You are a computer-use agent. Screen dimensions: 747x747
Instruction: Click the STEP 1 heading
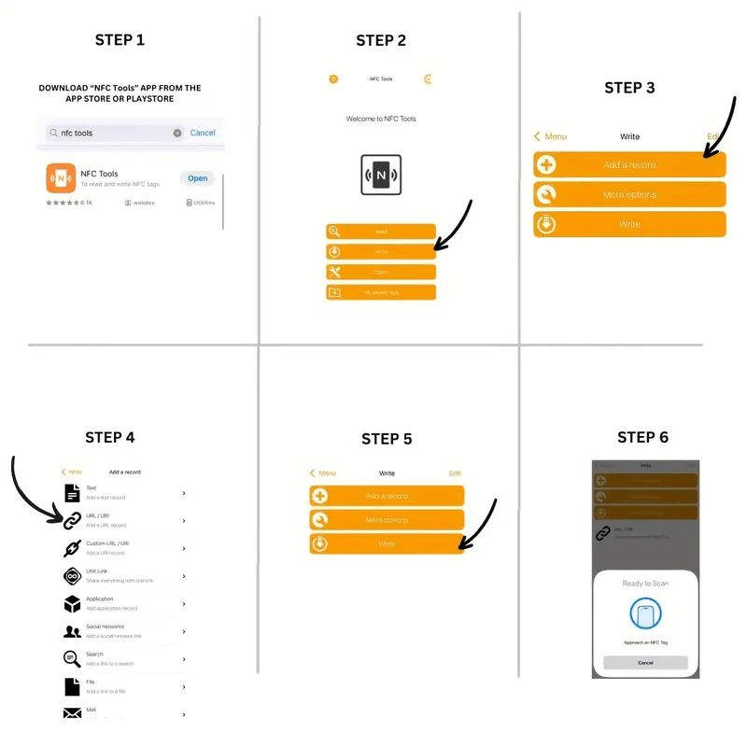[x=120, y=40]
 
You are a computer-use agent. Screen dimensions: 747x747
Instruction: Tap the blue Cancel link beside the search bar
[x=203, y=133]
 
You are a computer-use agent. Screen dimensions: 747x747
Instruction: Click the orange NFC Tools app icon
[x=61, y=177]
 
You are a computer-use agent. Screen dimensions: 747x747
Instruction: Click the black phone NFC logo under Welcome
[x=381, y=175]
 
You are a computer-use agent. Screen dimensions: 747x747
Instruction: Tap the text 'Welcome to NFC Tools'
[x=381, y=119]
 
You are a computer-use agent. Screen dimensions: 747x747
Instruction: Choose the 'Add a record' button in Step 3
[x=629, y=165]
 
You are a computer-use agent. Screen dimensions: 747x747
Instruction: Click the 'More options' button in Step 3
[x=629, y=194]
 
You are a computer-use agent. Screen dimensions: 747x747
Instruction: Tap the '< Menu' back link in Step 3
[x=551, y=136]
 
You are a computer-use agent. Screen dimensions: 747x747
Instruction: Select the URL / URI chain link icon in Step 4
[x=72, y=520]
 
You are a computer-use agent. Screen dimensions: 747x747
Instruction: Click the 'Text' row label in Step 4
[x=92, y=488]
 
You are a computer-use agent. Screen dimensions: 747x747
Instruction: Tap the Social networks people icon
[x=72, y=631]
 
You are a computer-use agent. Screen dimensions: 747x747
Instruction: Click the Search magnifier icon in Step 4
[x=72, y=658]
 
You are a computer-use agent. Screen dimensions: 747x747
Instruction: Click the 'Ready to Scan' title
[x=645, y=583]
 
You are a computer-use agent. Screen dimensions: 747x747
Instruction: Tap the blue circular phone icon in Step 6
[x=645, y=615]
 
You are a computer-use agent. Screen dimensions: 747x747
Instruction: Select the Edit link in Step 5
[x=455, y=473]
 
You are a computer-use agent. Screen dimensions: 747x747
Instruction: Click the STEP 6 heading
[x=642, y=437]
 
